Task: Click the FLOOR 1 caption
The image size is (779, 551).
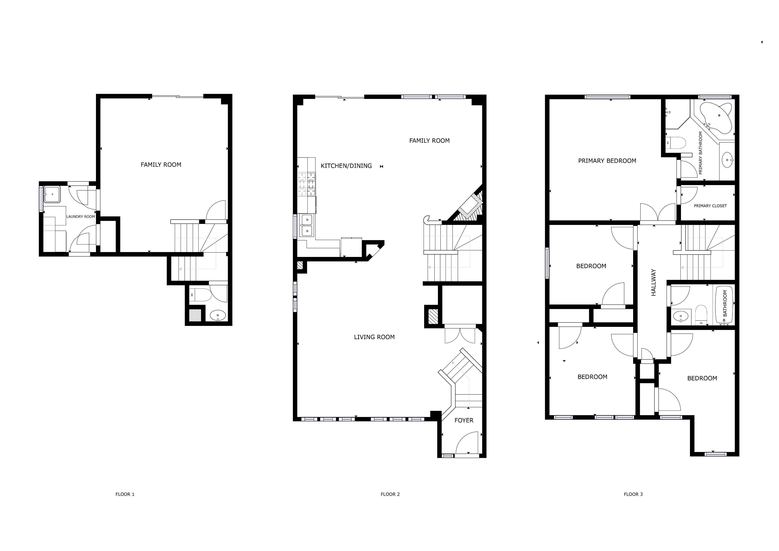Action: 125,494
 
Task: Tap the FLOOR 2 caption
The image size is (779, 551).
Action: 390,494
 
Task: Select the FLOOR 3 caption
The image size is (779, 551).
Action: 633,494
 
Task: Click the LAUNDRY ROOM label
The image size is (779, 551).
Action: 81,217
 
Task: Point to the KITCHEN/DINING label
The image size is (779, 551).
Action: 346,166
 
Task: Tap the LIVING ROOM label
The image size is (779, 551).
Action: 374,337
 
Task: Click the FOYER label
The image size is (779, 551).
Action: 464,420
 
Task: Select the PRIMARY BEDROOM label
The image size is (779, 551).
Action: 607,161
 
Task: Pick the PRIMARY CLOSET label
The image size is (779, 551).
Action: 710,206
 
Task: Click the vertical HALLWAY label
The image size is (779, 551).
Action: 653,283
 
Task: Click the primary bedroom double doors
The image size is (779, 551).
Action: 657,212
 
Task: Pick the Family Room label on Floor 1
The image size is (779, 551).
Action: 161,165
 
